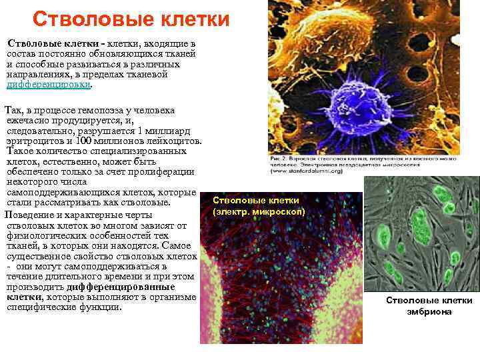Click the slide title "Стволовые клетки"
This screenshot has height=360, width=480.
pyautogui.click(x=130, y=19)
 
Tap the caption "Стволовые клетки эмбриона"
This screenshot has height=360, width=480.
pyautogui.click(x=419, y=306)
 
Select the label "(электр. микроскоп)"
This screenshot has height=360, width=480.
pyautogui.click(x=259, y=211)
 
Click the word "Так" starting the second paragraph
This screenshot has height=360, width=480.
pyautogui.click(x=13, y=109)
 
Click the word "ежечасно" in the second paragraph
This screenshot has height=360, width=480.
pyautogui.click(x=29, y=121)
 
